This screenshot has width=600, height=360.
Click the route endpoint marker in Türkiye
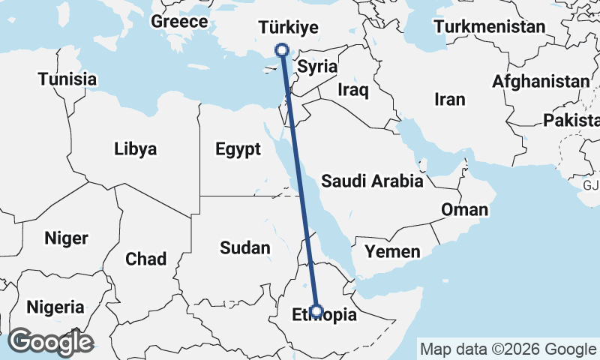point(282,50)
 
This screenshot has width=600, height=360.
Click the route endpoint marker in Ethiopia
point(316,310)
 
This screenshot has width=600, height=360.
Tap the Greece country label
point(179,22)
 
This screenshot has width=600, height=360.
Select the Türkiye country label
point(289,28)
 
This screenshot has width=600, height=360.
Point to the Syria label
point(316,67)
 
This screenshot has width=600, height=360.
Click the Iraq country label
point(353,91)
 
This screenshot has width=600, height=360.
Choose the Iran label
point(450,99)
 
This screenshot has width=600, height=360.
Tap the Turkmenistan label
point(489,27)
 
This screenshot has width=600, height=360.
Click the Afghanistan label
point(541,82)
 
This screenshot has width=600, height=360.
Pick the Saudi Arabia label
point(372,181)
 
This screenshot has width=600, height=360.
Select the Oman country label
point(464,209)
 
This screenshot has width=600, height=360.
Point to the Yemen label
point(392,250)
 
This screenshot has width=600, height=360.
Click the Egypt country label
point(238,149)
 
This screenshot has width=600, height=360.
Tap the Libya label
point(136,148)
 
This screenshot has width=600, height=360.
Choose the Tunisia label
point(67,79)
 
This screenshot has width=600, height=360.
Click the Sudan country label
point(244,247)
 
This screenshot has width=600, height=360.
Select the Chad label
point(145,259)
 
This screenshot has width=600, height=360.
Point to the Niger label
point(67,238)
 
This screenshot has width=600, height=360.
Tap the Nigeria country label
point(55,307)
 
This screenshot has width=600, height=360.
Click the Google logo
point(50,342)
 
